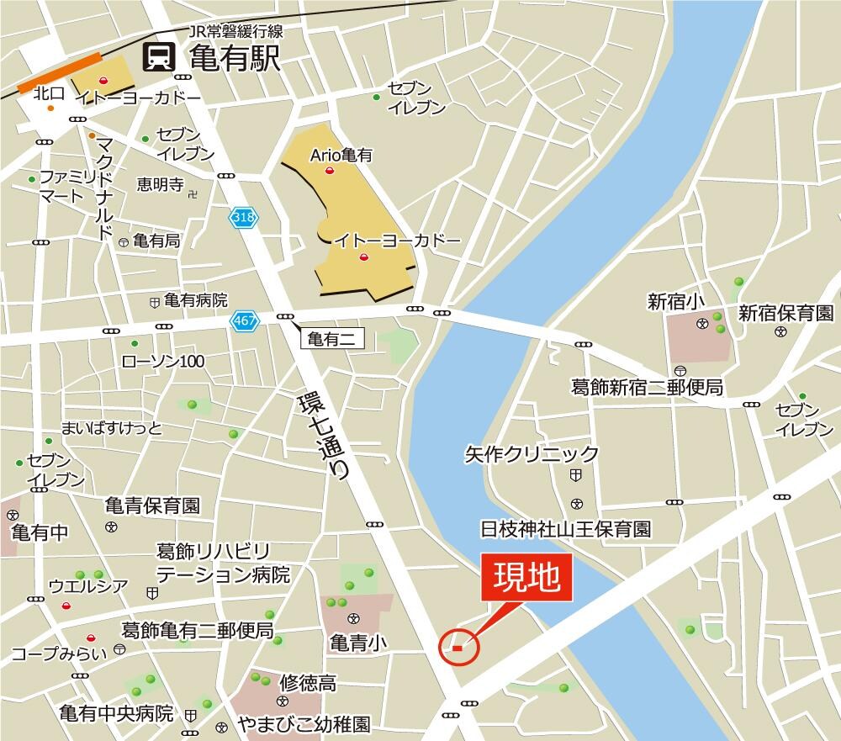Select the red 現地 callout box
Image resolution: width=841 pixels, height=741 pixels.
point(527,579)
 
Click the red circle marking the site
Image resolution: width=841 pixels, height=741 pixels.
point(458,647)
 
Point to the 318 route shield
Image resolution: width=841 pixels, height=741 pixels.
point(243,217)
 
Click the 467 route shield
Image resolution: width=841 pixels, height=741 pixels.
point(243,320)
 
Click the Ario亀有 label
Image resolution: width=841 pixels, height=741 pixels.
point(341,155)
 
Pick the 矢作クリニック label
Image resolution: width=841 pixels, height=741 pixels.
point(532,455)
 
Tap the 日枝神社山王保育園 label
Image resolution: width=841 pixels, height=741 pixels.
point(566,529)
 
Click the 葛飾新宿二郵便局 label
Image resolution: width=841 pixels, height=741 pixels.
point(647,388)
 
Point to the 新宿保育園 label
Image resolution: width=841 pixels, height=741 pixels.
point(785,314)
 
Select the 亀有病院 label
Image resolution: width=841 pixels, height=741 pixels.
point(195,300)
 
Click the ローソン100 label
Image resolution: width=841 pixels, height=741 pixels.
point(163,362)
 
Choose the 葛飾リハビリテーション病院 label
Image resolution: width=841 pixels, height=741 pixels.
point(223,564)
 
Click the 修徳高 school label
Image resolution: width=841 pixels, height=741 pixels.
point(308,683)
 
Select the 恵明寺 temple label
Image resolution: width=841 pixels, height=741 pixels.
point(160,184)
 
